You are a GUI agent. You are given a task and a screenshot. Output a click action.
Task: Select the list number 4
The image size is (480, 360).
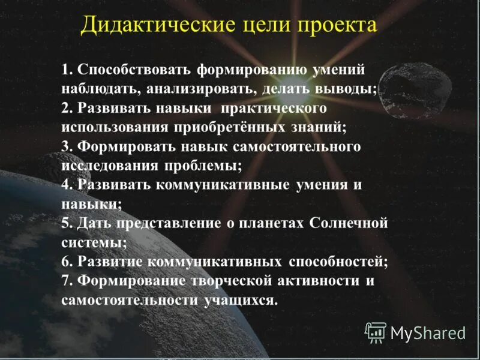66,185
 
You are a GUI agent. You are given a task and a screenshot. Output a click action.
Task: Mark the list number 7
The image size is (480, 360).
66,281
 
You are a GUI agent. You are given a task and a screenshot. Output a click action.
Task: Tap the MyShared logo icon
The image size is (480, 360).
376,332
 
